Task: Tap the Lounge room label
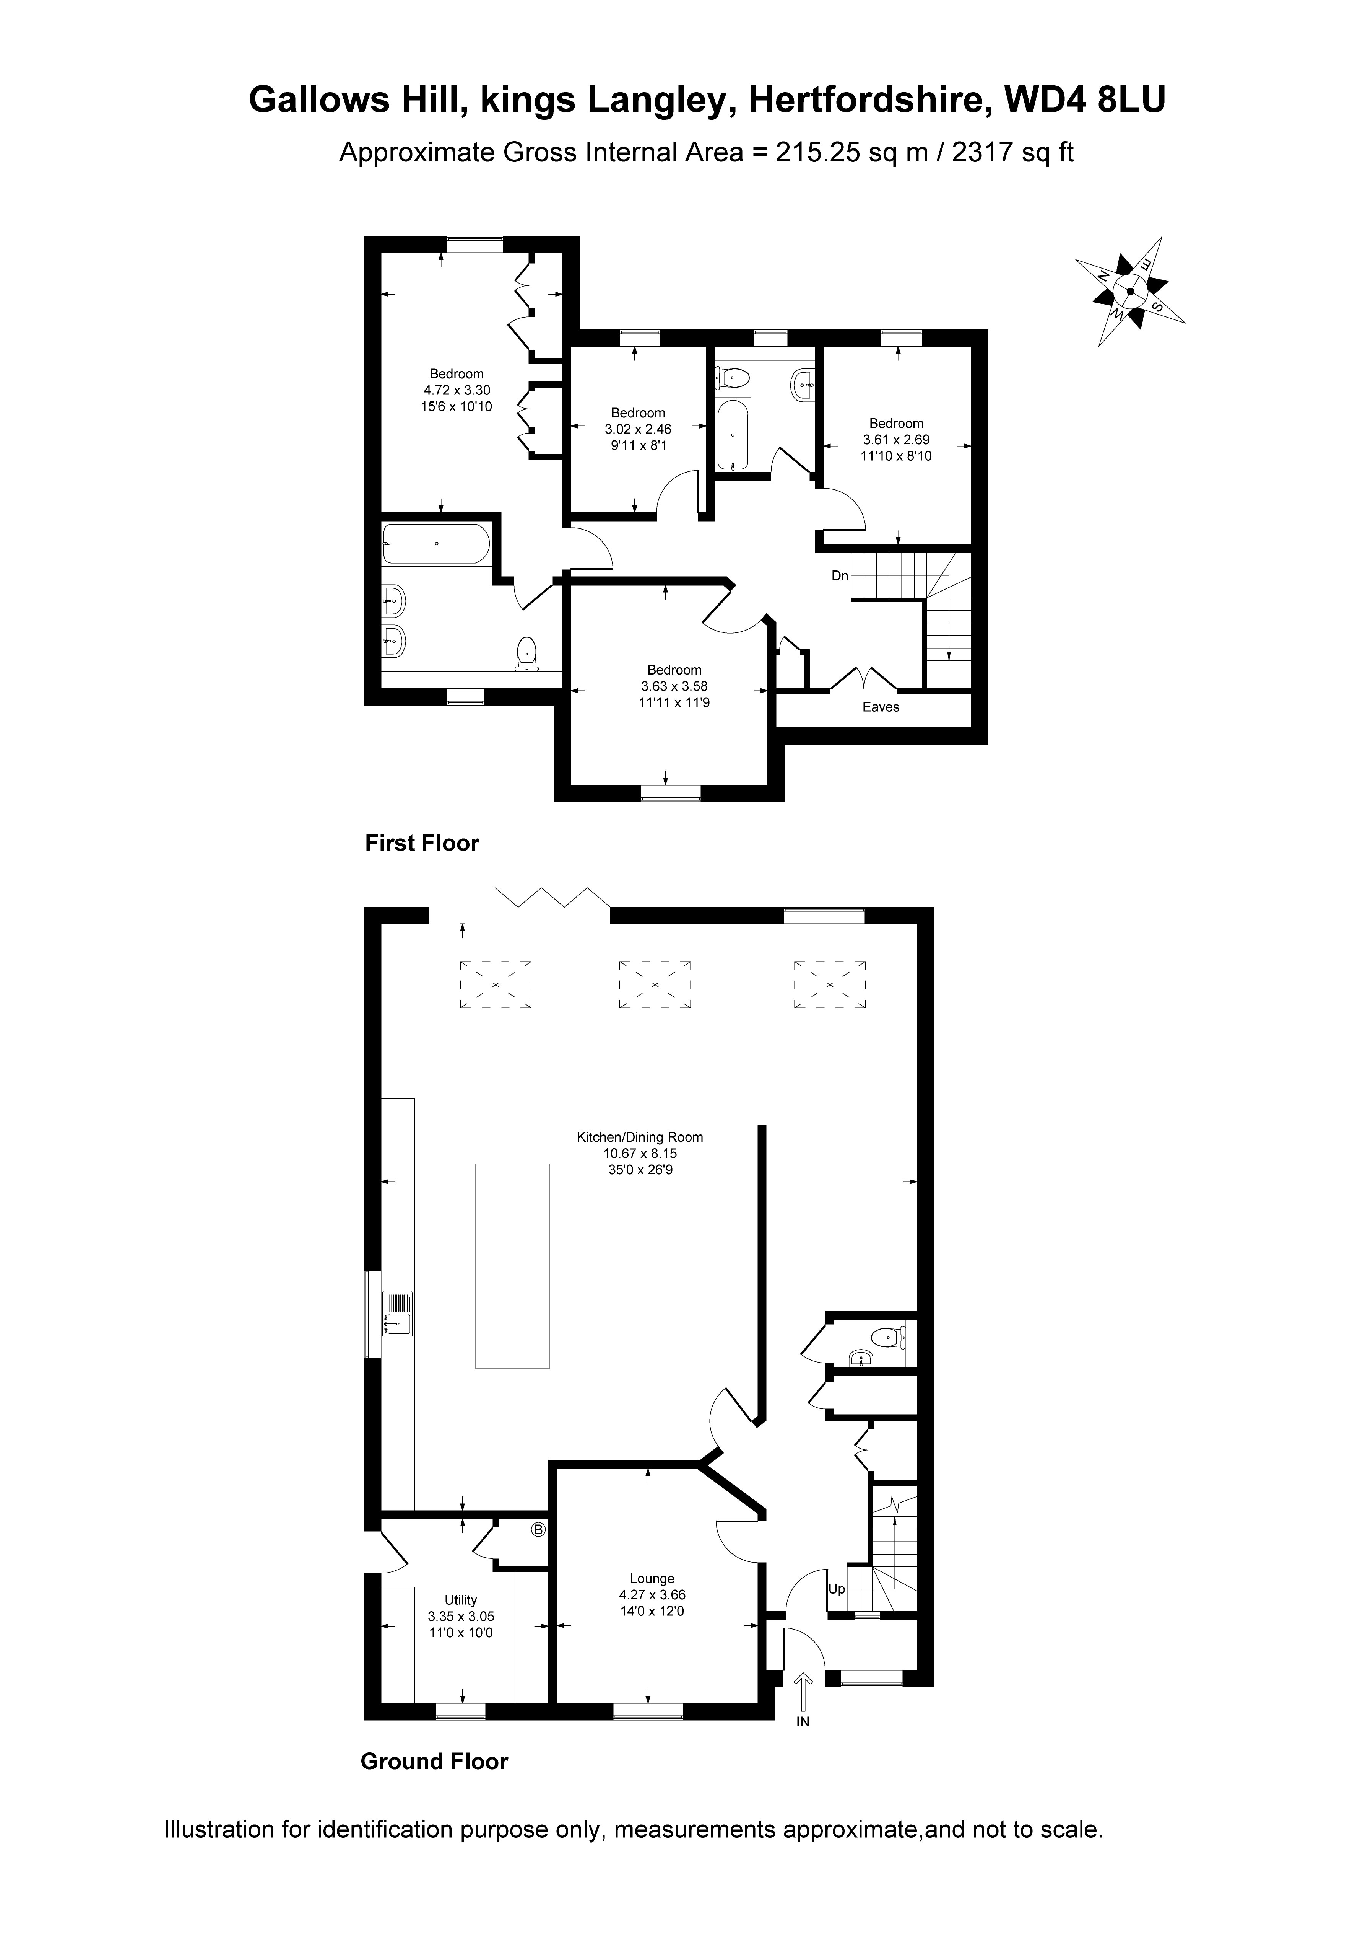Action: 652,1579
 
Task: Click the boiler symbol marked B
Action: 539,1530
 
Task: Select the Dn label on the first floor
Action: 840,576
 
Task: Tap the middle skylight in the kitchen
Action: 654,983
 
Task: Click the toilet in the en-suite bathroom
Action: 527,654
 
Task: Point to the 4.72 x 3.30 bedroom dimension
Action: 457,390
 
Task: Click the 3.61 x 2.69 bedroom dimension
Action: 896,440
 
